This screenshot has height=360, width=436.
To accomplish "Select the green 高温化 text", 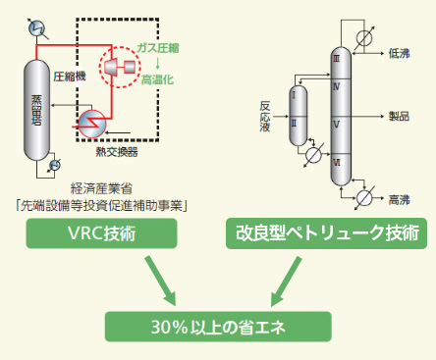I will [157, 77].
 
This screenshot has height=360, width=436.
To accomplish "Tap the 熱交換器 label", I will [116, 151].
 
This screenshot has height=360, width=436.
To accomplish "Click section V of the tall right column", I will [337, 124].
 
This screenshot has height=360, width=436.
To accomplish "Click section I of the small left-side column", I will [294, 96].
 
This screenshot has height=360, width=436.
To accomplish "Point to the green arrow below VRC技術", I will [156, 277].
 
